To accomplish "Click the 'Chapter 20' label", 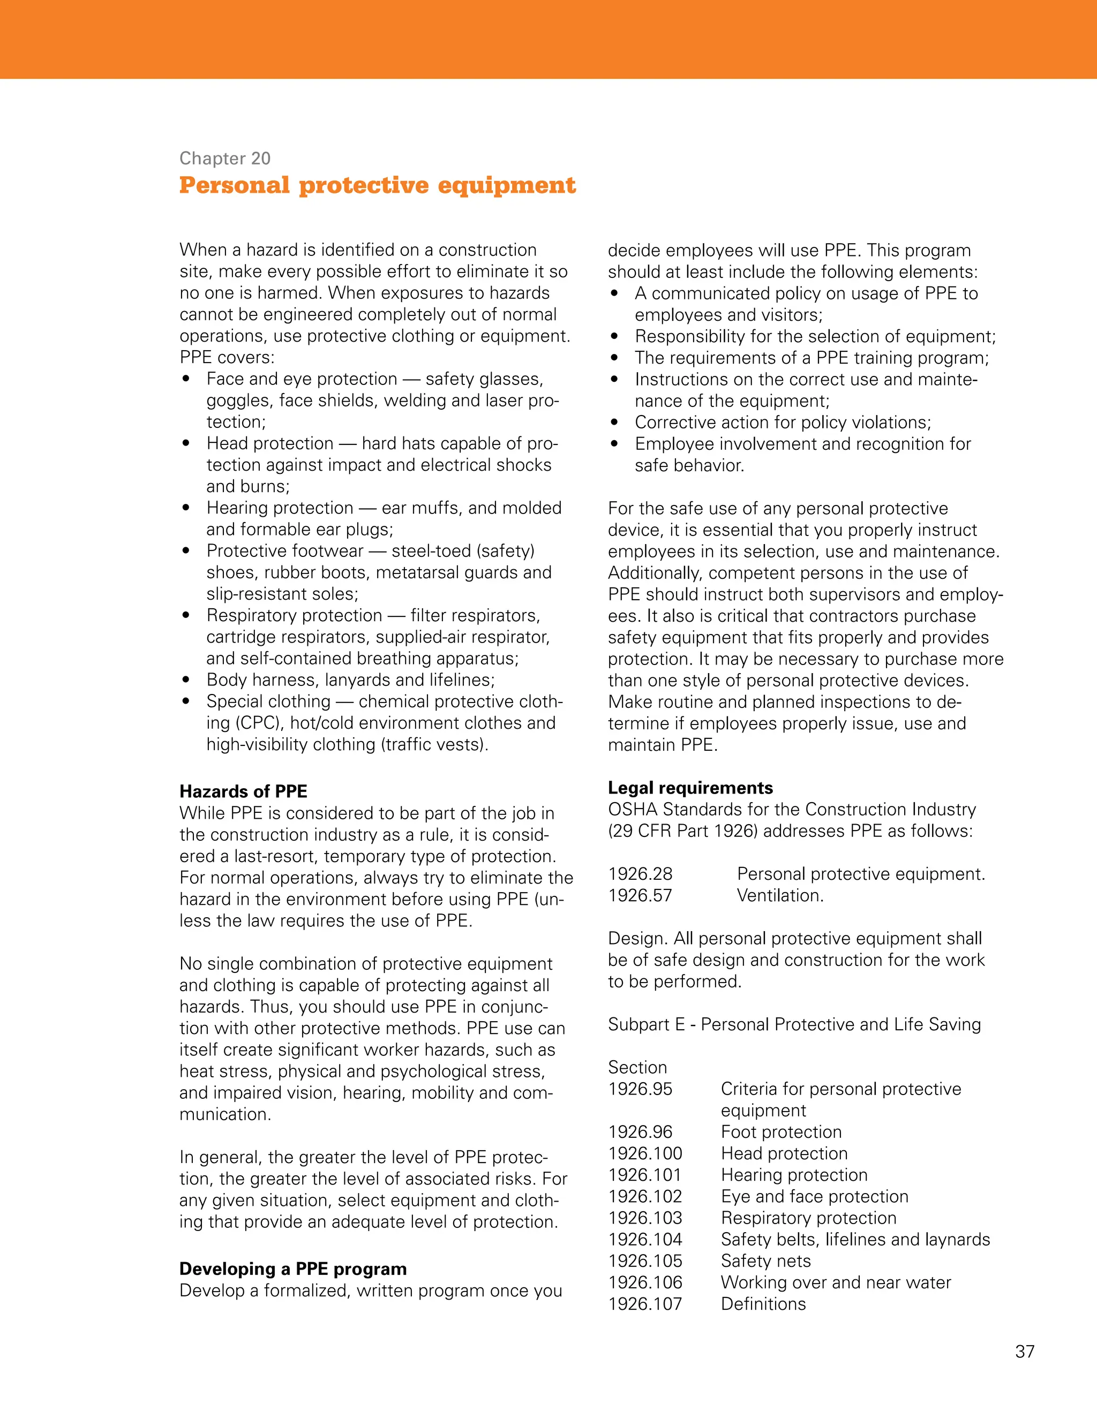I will pyautogui.click(x=225, y=158).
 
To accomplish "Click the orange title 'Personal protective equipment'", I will pyautogui.click(x=377, y=185).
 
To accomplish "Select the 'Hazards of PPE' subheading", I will pyautogui.click(x=243, y=791).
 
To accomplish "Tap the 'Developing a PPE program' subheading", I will pyautogui.click(x=292, y=1269).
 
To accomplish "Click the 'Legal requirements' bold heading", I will pyautogui.click(x=690, y=788).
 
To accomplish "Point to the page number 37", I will pyautogui.click(x=1024, y=1352).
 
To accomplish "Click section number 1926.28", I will pyautogui.click(x=640, y=874).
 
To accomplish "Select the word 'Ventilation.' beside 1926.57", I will pyautogui.click(x=780, y=895).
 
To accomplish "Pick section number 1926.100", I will pyautogui.click(x=645, y=1153).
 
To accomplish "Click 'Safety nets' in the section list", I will pyautogui.click(x=765, y=1261).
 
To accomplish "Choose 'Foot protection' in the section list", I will pyautogui.click(x=781, y=1132).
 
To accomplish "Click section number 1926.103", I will pyautogui.click(x=645, y=1218).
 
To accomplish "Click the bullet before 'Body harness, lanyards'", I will pyautogui.click(x=186, y=680).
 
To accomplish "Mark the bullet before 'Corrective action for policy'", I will pyautogui.click(x=615, y=422).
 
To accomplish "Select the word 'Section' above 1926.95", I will pyautogui.click(x=637, y=1068).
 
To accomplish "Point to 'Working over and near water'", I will pyautogui.click(x=835, y=1282).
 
